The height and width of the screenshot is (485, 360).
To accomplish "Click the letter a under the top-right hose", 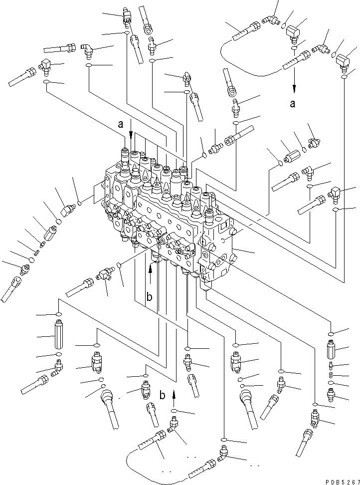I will coord(293,104).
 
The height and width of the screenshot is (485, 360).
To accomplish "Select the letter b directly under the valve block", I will coord(149,298).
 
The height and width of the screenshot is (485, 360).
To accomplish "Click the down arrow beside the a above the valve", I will coord(131,134).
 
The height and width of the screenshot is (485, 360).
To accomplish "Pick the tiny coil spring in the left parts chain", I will coord(42,244).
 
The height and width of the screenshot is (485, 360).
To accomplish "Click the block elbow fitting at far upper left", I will coord(47,65).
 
